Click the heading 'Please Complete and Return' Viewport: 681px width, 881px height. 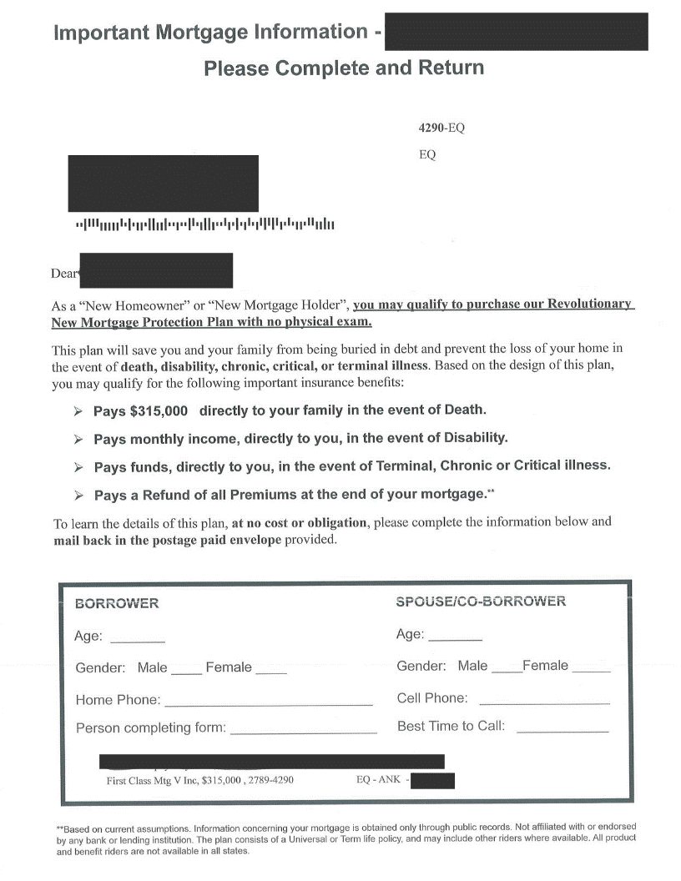[344, 68]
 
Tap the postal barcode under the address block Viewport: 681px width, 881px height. [204, 224]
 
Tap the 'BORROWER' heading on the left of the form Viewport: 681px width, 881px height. [117, 603]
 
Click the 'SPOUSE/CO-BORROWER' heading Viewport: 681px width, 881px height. [481, 602]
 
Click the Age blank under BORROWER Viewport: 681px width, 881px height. [138, 639]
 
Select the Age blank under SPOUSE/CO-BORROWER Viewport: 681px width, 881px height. [455, 637]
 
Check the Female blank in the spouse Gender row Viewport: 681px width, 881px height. [592, 669]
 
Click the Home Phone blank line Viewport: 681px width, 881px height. [268, 703]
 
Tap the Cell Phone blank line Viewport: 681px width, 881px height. [544, 702]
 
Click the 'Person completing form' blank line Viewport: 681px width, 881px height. [303, 731]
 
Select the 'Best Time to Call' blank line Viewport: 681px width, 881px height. [562, 729]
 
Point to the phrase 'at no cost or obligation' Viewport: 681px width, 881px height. [300, 522]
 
